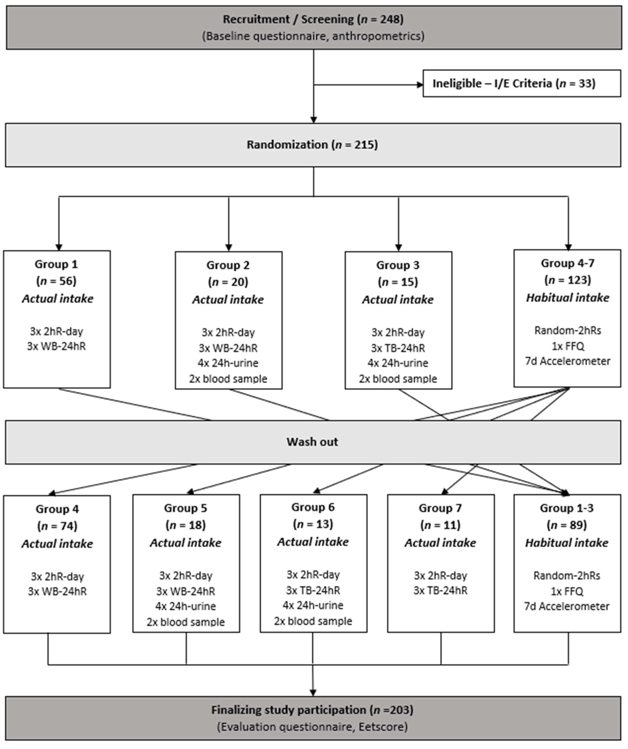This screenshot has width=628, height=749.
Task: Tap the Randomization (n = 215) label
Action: pyautogui.click(x=312, y=145)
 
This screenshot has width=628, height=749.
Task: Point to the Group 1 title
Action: pyautogui.click(x=56, y=264)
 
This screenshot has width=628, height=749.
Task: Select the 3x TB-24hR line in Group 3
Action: pyautogui.click(x=398, y=348)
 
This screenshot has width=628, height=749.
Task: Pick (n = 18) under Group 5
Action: pyautogui.click(x=186, y=525)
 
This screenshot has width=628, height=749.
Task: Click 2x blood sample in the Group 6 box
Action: pyautogui.click(x=313, y=621)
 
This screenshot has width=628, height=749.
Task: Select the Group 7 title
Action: pyautogui.click(x=440, y=508)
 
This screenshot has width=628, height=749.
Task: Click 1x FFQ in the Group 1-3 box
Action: pyautogui.click(x=567, y=591)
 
